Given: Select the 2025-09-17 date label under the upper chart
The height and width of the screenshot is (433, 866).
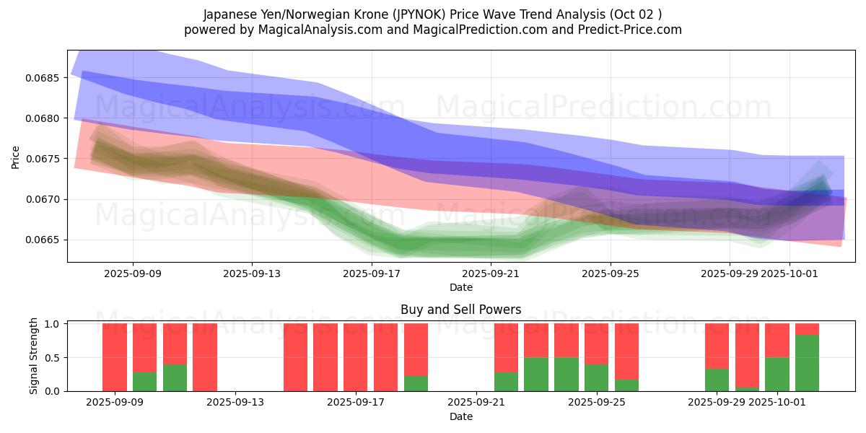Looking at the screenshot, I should coord(371,274).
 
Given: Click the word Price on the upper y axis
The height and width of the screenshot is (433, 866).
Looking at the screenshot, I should coord(16,157).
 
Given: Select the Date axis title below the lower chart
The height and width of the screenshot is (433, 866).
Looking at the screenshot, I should coord(460,416).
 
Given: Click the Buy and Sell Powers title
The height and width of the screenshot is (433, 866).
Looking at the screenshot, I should coord(460,310).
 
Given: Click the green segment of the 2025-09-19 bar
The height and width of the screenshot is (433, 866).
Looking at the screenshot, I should coord(416,383).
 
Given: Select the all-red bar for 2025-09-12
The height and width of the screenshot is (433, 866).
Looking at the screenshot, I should coord(205,357).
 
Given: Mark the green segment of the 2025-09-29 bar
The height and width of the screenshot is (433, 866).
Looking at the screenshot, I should coord(717,380).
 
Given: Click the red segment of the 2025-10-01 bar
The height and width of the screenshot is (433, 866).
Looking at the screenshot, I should coord(777,340).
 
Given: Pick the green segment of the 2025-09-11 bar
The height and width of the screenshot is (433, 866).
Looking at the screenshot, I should coord(175,377).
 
